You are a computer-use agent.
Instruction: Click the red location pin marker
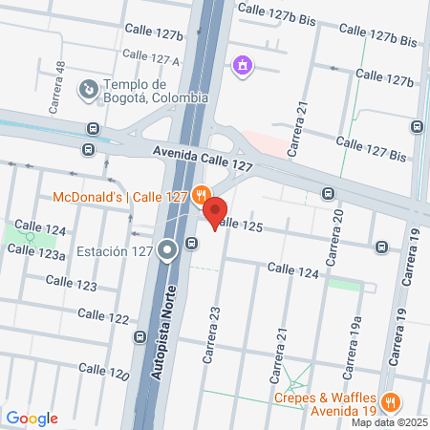pos(214,213)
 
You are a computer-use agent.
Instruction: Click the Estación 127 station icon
pos(167,251)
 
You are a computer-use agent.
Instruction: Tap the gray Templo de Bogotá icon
pos(88,90)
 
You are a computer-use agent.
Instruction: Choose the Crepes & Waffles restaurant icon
pos(390,402)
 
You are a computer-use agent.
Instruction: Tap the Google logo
pos(32,419)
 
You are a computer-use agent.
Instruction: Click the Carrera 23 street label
pos(211,334)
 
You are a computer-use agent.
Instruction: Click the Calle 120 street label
pos(103,370)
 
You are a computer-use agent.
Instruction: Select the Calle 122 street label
pos(103,315)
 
